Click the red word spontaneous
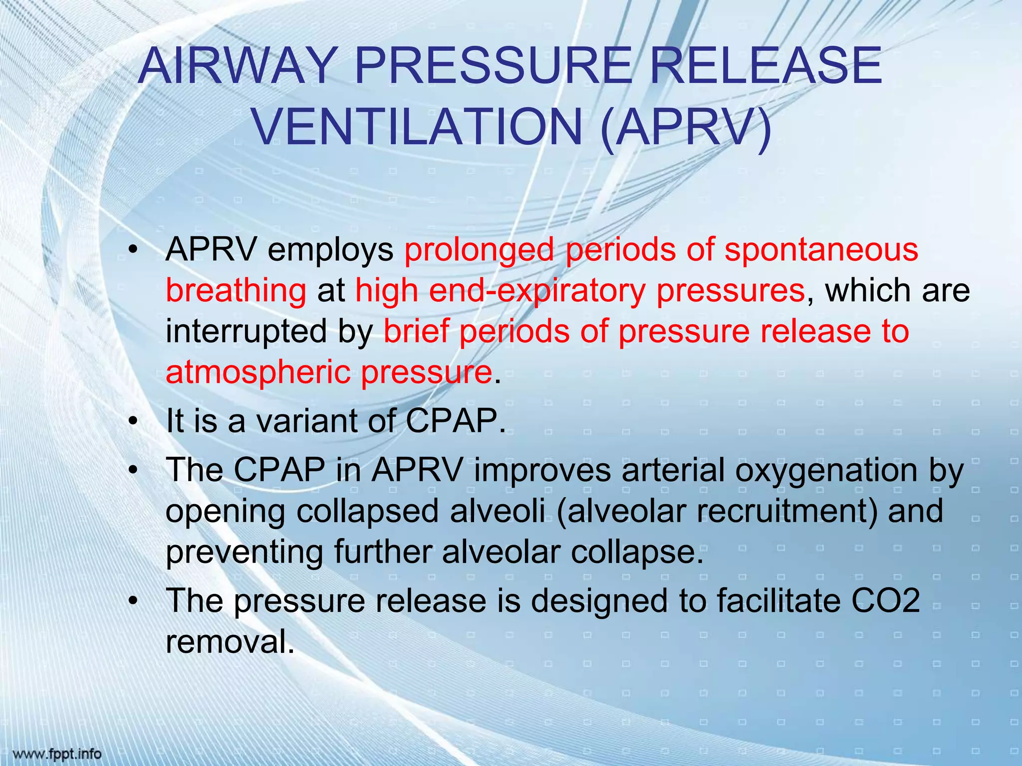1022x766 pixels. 821,249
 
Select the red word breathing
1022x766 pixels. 236,291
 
